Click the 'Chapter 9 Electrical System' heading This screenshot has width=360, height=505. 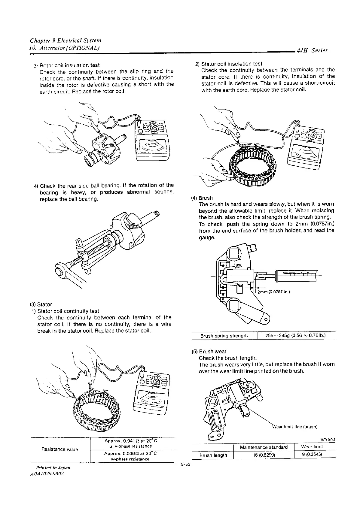click(x=66, y=41)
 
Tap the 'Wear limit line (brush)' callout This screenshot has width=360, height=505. click(x=294, y=427)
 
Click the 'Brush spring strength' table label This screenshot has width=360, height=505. click(x=224, y=336)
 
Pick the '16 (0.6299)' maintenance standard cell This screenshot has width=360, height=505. click(x=264, y=455)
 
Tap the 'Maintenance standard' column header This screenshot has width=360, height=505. click(x=264, y=447)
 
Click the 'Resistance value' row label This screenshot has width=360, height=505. click(x=59, y=449)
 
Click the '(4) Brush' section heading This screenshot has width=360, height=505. click(x=202, y=198)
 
